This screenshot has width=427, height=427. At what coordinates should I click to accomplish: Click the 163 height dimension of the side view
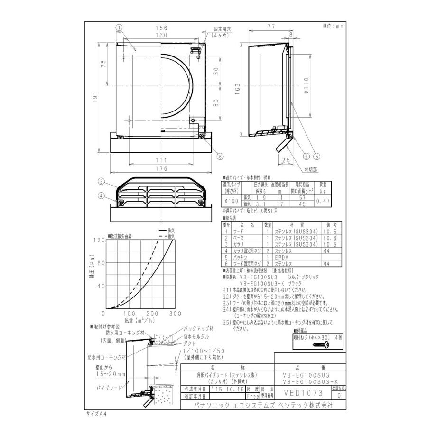pos(239,89)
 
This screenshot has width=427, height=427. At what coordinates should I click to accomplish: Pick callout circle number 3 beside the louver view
pos(101,181)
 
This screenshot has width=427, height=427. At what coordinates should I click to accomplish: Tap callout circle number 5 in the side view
pos(317,155)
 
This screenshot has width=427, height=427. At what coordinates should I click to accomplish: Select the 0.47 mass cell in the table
pos(323,201)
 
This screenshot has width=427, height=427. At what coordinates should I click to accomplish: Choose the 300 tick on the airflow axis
pos(175,314)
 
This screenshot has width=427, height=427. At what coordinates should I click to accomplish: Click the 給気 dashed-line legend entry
pos(169,236)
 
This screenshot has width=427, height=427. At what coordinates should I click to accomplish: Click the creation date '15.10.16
pos(226,389)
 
